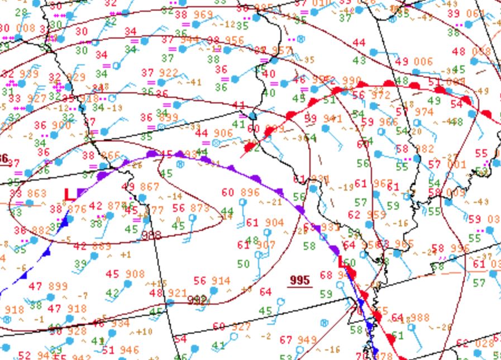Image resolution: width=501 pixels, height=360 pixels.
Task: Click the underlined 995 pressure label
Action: (x=299, y=280)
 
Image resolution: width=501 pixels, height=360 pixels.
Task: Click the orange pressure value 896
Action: (x=249, y=192)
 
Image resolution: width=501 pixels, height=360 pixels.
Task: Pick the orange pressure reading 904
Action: (x=274, y=222)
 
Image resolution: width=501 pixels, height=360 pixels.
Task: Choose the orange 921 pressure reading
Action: (x=177, y=293)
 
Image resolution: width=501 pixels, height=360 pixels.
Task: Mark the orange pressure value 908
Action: (x=135, y=274)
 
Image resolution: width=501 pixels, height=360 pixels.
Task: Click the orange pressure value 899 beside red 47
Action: (x=58, y=286)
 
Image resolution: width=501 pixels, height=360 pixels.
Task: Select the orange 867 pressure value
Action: (x=149, y=187)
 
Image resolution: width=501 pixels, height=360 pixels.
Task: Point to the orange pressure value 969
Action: (x=203, y=15)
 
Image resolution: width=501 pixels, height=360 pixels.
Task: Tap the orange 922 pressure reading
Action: (x=167, y=73)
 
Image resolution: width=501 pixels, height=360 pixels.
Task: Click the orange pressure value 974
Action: (x=424, y=112)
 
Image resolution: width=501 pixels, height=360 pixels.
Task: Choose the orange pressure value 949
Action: (x=306, y=340)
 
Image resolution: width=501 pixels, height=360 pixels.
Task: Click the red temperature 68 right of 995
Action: (x=326, y=275)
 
